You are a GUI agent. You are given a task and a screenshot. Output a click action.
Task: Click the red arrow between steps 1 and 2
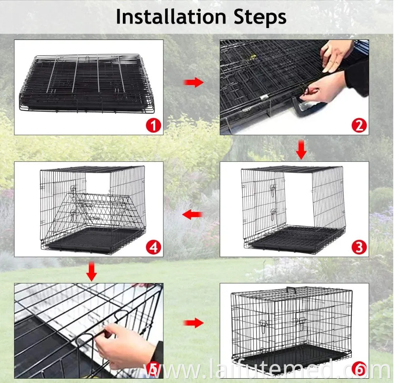tap(193, 83)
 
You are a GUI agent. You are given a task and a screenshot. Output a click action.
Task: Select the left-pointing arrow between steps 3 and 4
tap(192, 215)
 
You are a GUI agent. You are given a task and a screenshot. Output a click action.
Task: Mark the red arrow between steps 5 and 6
tap(193, 323)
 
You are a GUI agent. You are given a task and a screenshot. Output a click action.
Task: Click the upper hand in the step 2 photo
tap(336, 53)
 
